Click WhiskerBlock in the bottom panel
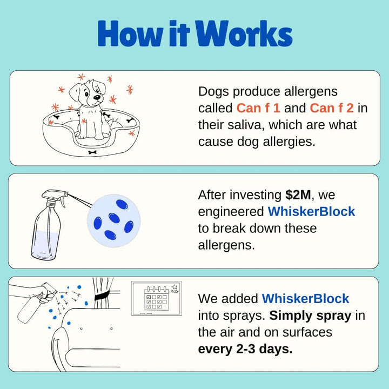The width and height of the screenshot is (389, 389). pyautogui.click(x=305, y=298)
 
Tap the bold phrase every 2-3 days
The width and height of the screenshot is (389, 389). pyautogui.click(x=245, y=349)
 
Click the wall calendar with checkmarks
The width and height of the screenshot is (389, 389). pyautogui.click(x=157, y=298)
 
